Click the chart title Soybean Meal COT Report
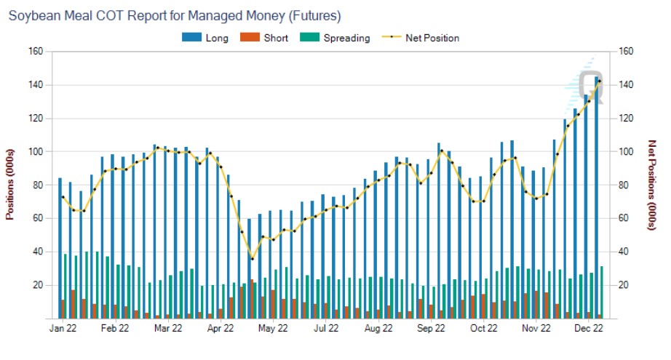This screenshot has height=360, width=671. click(x=174, y=15)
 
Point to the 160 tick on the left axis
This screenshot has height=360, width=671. click(x=36, y=52)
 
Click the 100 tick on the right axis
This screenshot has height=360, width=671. click(x=625, y=151)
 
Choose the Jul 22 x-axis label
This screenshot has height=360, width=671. click(x=326, y=329)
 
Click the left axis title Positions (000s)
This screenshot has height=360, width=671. click(x=10, y=185)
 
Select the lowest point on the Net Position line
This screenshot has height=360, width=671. click(x=252, y=258)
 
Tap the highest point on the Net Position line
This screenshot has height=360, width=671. click(x=599, y=81)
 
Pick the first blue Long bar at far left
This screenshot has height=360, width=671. click(x=60, y=247)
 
